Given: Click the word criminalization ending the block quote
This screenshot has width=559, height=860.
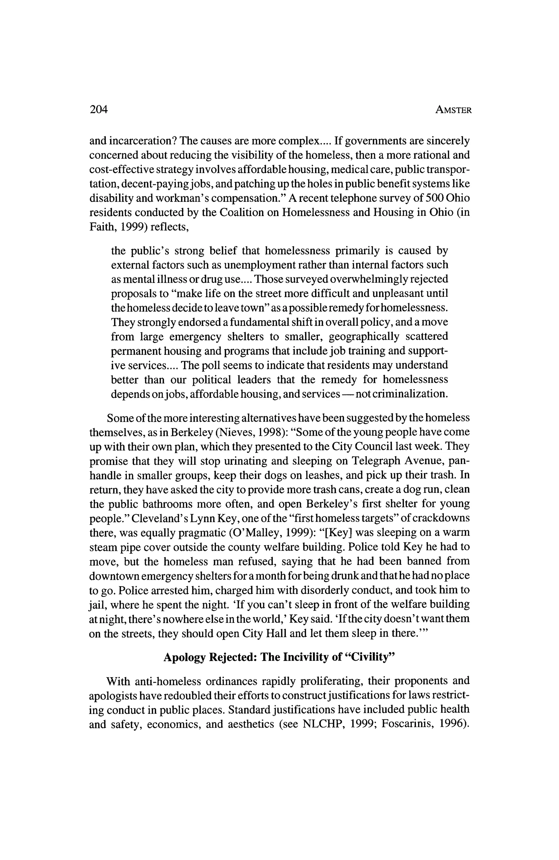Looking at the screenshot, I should pos(410,394).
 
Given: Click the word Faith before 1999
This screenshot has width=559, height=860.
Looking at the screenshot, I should pos(101,227).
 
